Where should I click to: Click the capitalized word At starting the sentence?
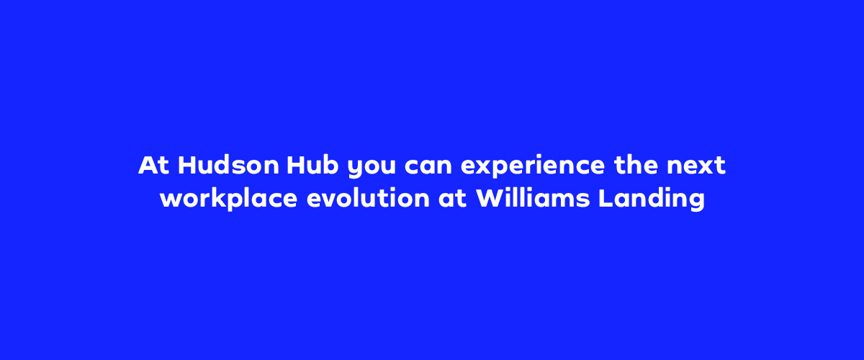[x=154, y=166]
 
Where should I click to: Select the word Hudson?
[x=228, y=166]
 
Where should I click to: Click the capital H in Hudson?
[x=187, y=166]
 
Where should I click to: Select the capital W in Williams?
[x=488, y=199]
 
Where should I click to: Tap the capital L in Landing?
[x=605, y=199]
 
